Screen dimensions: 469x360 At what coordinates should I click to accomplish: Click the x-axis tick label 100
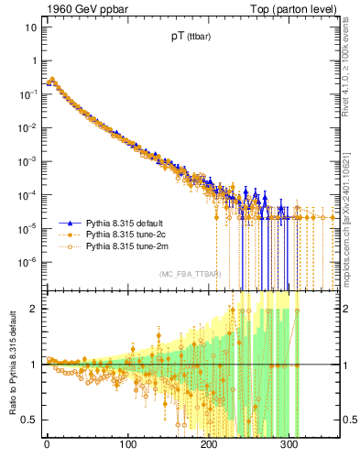(x=128, y=448)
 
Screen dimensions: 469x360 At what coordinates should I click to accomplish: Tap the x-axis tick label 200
(x=210, y=448)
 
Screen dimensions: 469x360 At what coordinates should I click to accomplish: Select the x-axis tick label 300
(x=290, y=448)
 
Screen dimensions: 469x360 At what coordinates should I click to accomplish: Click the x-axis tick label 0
(x=47, y=448)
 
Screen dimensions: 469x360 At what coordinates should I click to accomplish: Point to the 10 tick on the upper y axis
(x=29, y=27)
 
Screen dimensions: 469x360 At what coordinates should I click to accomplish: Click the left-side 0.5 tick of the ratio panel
(x=29, y=420)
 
